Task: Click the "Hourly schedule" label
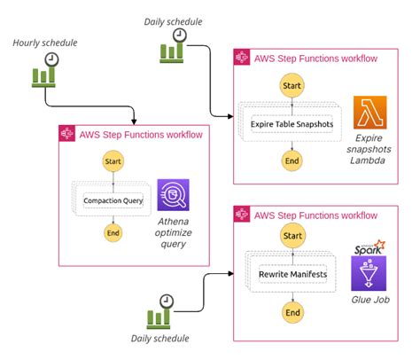(45, 43)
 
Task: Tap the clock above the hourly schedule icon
(51, 59)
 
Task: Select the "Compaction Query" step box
(113, 200)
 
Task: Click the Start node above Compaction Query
(113, 161)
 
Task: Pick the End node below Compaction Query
(113, 233)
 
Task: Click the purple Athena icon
(173, 195)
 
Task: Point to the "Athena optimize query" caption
(174, 232)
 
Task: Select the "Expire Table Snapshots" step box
(292, 124)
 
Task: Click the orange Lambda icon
(370, 113)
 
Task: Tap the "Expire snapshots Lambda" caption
(369, 149)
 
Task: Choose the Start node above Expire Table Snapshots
(292, 86)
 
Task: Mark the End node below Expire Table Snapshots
(292, 160)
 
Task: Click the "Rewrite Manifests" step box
(292, 274)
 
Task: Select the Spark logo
(369, 247)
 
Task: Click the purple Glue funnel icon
(369, 273)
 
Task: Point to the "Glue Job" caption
(370, 300)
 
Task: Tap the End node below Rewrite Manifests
(292, 312)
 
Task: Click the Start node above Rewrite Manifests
(292, 236)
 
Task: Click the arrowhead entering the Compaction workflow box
(134, 121)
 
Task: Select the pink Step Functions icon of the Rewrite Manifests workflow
(242, 214)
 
